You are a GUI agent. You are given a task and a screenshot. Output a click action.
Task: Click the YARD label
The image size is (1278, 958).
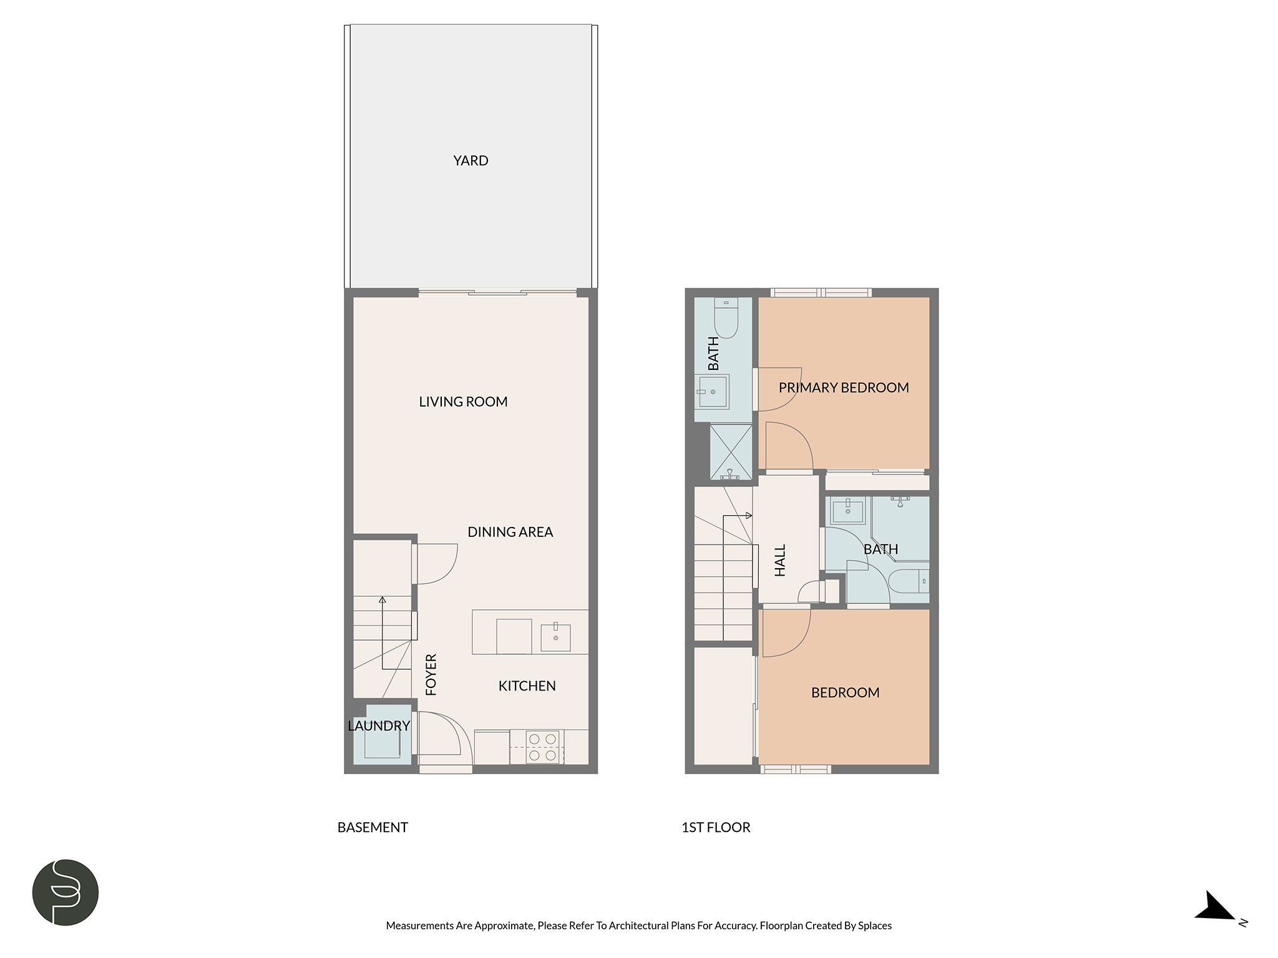(x=471, y=161)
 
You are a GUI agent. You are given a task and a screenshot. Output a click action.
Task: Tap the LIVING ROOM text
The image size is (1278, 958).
(x=463, y=402)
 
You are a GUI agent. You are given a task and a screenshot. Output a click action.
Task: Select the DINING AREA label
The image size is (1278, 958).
(x=510, y=532)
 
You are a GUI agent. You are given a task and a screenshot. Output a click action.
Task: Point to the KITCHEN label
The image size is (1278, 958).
(x=527, y=686)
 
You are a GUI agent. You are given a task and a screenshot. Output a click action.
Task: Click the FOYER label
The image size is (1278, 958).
(x=431, y=674)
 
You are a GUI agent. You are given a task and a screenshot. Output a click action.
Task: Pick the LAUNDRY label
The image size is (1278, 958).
(x=379, y=726)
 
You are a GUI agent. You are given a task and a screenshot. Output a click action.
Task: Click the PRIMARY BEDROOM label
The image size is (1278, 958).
(x=844, y=388)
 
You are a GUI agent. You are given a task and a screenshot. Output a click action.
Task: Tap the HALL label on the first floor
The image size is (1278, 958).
(x=780, y=560)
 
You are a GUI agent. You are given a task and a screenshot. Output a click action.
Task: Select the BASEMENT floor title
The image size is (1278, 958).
(x=373, y=828)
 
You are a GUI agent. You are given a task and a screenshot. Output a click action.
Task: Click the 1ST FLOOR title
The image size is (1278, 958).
(x=716, y=828)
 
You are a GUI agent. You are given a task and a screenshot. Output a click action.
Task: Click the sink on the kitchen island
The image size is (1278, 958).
(x=555, y=637)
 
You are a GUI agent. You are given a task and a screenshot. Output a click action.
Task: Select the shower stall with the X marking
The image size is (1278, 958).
(x=731, y=452)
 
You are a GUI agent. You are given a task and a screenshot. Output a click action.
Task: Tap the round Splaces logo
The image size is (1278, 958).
(x=66, y=892)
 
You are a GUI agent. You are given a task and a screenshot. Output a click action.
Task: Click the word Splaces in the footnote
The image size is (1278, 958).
(x=875, y=926)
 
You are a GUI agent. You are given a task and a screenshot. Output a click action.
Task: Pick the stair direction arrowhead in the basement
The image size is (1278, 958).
(x=383, y=600)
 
